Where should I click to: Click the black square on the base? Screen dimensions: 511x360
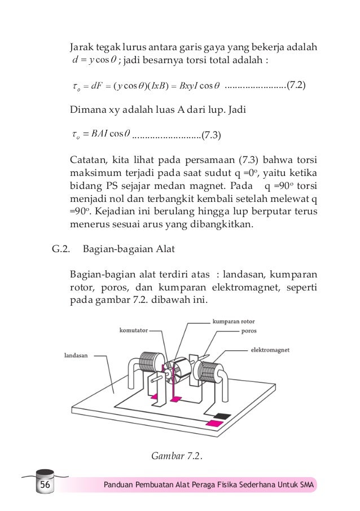(224, 416)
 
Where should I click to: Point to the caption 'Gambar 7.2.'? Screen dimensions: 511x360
(177, 455)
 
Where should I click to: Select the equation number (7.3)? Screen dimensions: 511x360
(211, 135)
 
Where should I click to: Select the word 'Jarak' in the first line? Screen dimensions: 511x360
(80, 46)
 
